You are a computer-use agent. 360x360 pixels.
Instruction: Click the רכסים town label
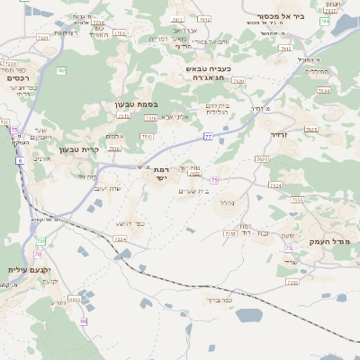(x=17, y=78)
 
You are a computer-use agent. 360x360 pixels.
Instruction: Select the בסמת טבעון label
(x=136, y=104)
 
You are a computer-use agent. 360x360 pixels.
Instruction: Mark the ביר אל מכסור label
(x=311, y=15)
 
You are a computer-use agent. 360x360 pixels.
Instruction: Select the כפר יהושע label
(x=130, y=223)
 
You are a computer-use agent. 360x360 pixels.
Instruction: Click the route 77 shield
(x=207, y=137)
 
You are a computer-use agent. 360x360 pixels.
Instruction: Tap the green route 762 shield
(x=61, y=70)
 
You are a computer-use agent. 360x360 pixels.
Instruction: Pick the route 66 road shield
(x=84, y=321)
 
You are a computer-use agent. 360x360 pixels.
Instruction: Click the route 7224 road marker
(x=121, y=239)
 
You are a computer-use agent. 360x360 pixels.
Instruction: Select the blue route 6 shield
(x=19, y=161)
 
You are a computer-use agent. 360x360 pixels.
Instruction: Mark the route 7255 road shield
(x=231, y=233)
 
